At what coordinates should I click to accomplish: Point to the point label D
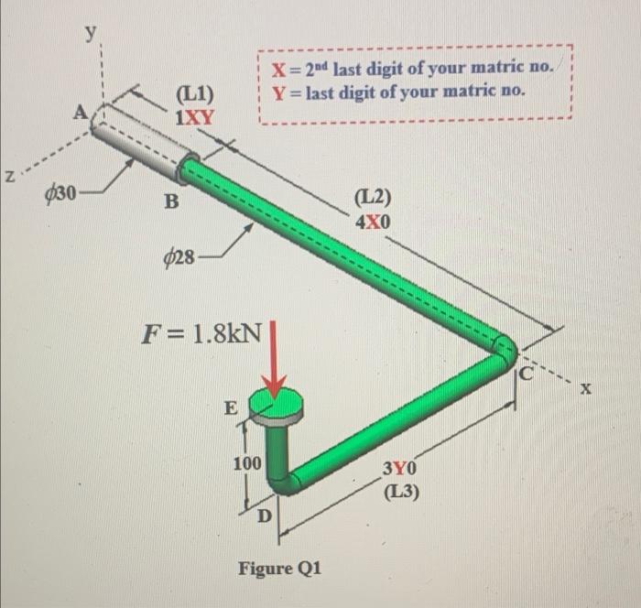[x=263, y=517]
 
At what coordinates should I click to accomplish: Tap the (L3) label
[x=401, y=492]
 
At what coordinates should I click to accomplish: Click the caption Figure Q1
[x=279, y=568]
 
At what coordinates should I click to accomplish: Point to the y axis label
[x=90, y=32]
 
